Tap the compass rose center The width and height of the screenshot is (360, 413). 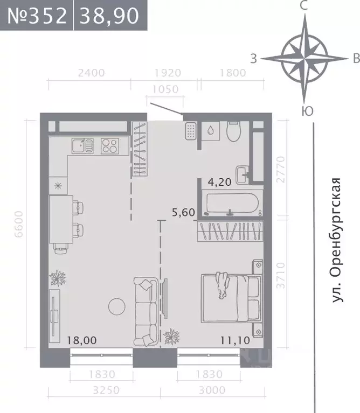point(304,57)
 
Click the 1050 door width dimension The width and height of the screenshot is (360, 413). point(165,90)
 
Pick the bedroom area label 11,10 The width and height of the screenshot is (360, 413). point(235,340)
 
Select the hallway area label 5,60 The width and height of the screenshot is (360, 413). point(183,212)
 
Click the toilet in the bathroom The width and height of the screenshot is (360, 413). point(233,132)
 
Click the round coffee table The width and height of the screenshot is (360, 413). point(116,306)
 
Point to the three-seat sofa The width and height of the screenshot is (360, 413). point(144,311)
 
